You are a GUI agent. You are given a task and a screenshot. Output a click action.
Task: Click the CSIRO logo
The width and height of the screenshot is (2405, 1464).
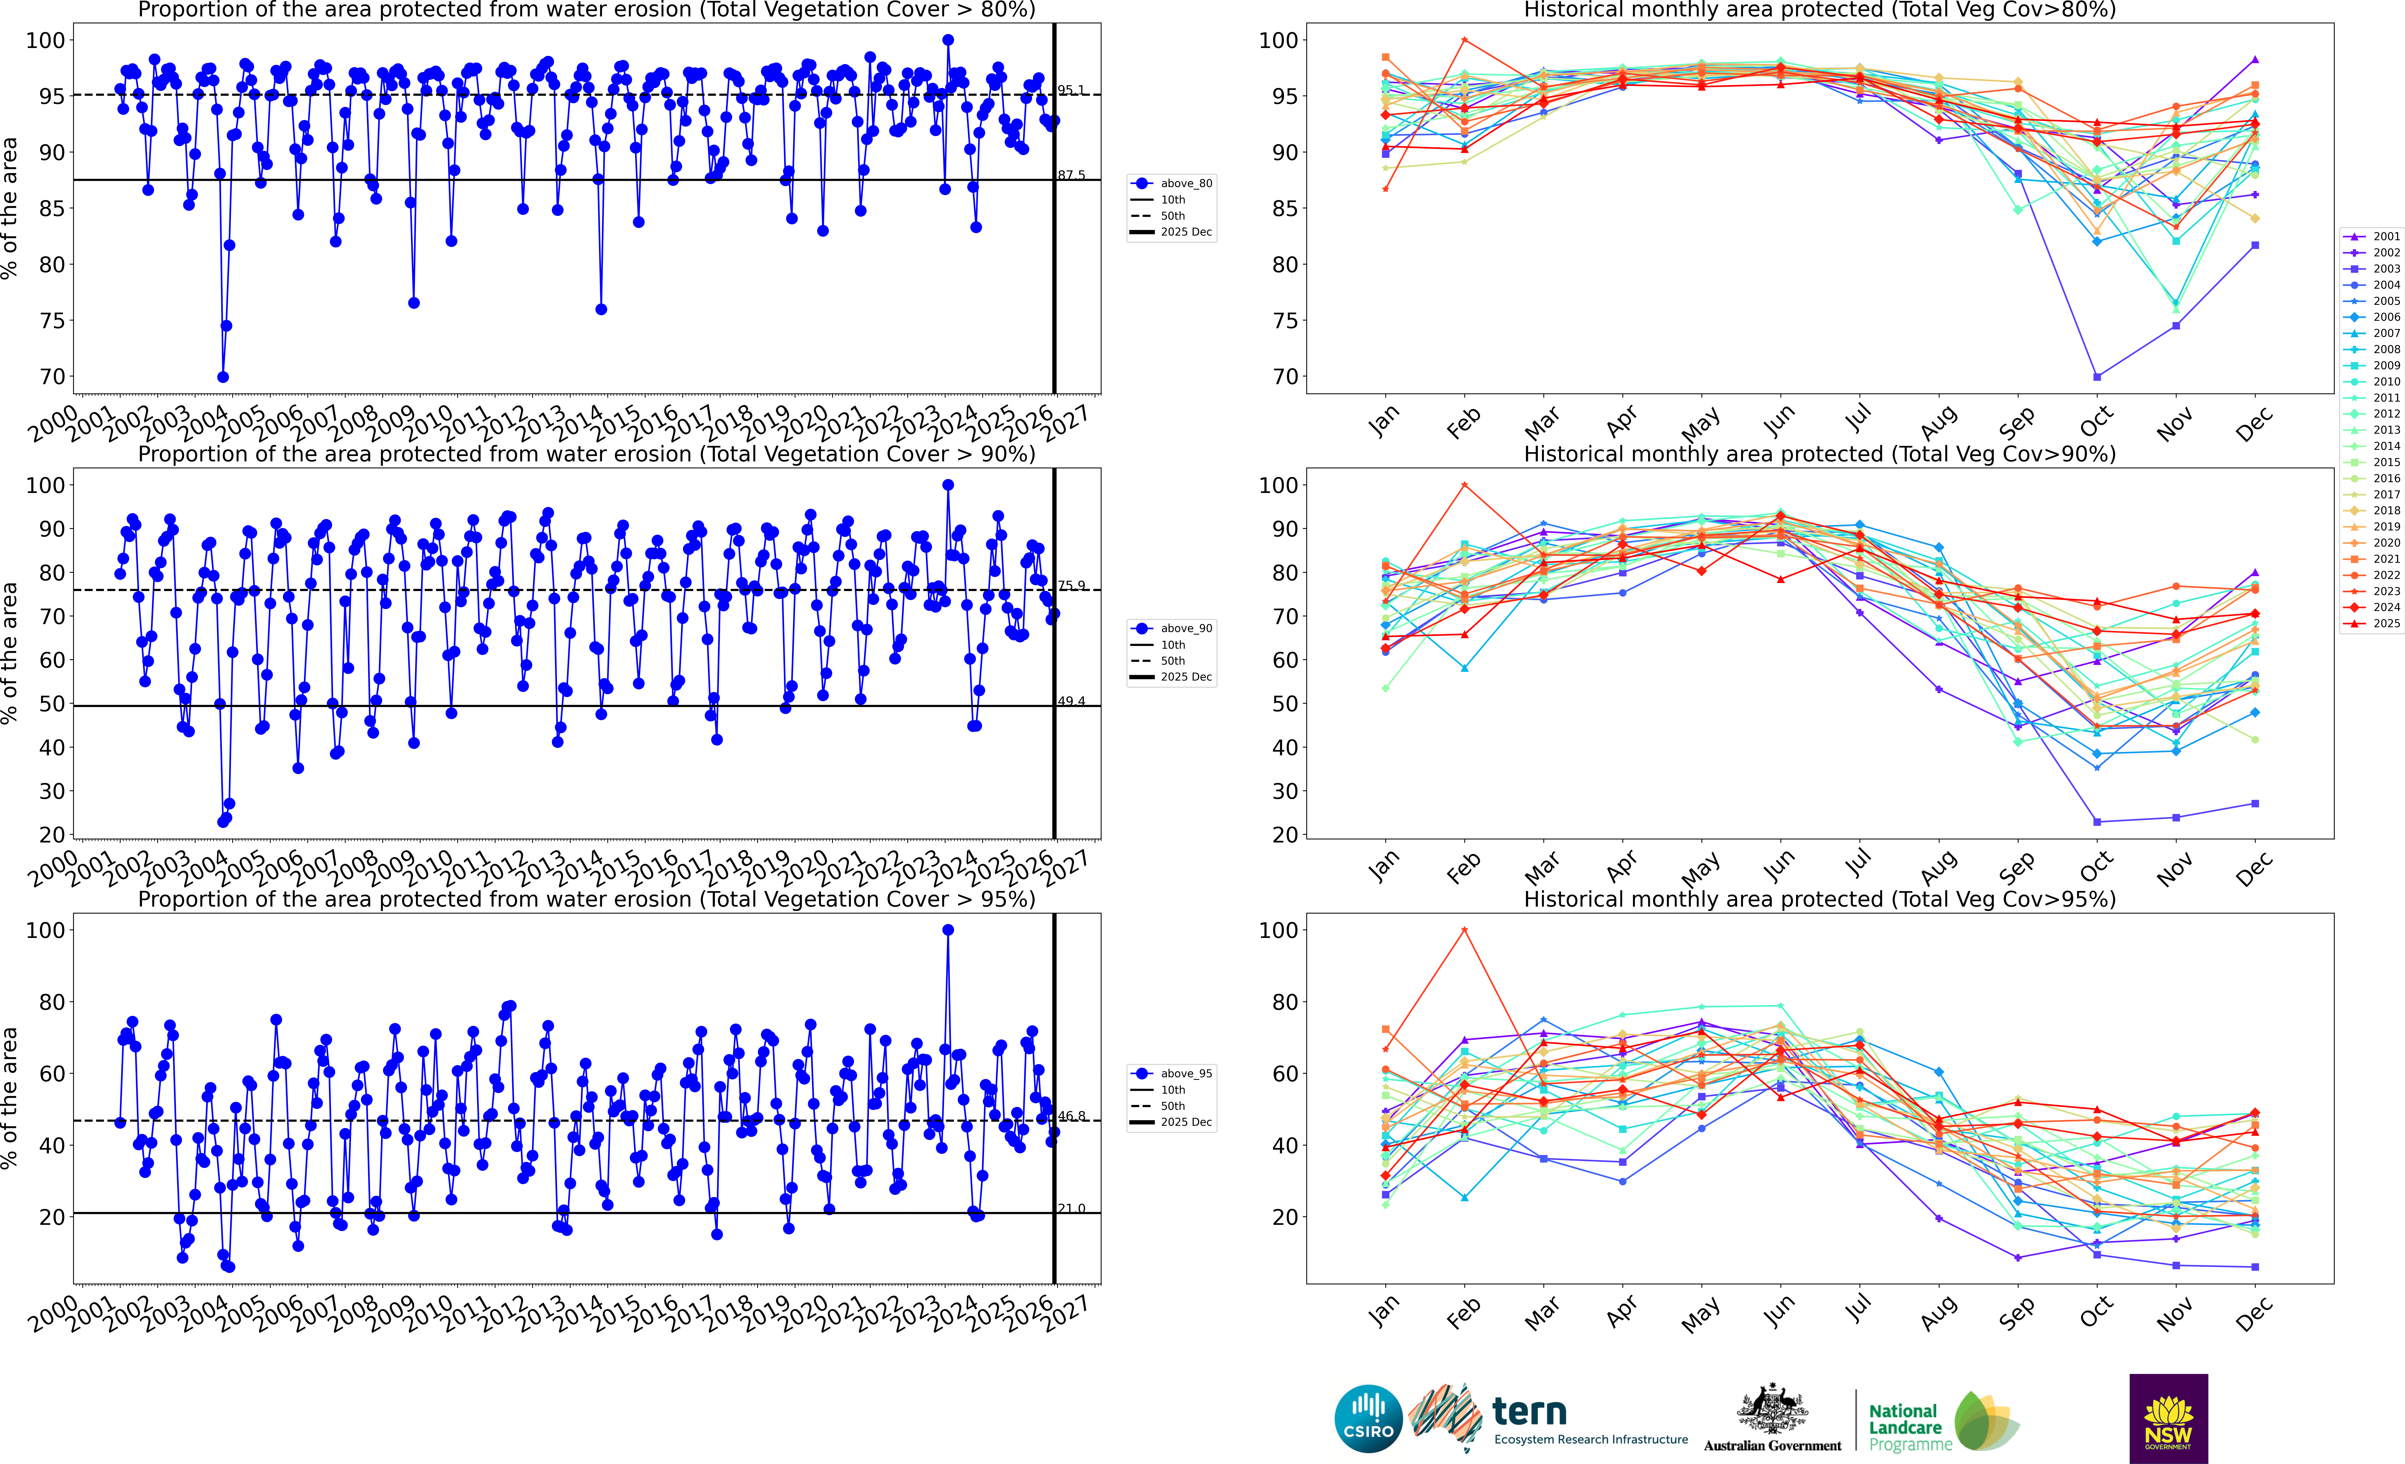tap(1368, 1418)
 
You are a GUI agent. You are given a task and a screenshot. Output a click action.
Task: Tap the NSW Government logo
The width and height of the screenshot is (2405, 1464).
tap(2168, 1418)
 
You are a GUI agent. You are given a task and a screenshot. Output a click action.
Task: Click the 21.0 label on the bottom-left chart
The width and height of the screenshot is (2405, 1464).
tap(1071, 1208)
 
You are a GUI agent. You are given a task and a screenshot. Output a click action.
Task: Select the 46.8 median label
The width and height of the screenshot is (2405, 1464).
tap(1071, 1116)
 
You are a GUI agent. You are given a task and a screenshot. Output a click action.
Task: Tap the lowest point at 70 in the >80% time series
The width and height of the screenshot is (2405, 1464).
tap(222, 377)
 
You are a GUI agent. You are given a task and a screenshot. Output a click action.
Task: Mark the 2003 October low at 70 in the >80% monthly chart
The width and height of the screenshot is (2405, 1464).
tap(2097, 377)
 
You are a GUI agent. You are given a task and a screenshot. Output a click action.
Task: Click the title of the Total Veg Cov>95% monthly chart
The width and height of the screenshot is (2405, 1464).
tap(1819, 899)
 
